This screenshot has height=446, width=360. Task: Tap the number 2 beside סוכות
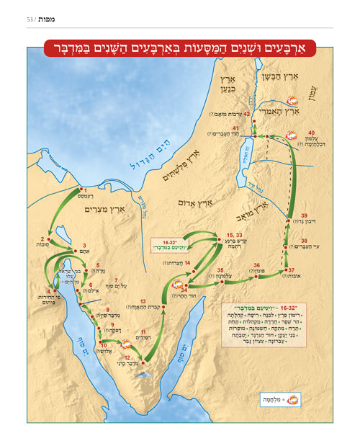(x=42, y=239)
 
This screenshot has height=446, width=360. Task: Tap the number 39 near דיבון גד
(x=305, y=216)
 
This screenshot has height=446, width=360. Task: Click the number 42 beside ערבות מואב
(x=247, y=114)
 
